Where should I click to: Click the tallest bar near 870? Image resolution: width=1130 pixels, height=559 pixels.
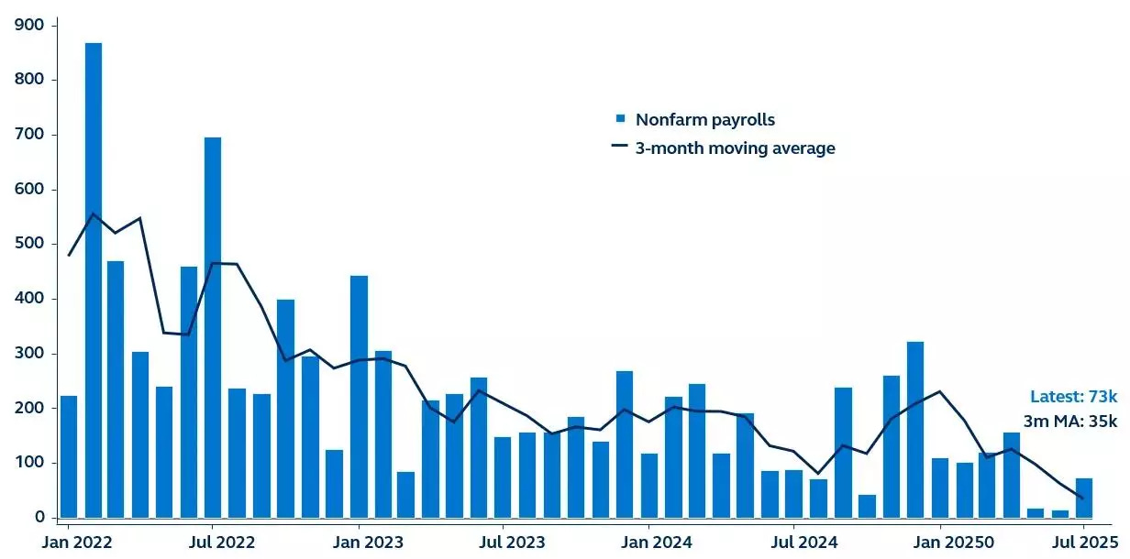pyautogui.click(x=94, y=280)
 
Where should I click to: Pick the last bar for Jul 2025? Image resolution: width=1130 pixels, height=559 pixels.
pyautogui.click(x=1084, y=499)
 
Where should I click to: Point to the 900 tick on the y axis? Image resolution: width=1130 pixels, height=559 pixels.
pyautogui.click(x=30, y=25)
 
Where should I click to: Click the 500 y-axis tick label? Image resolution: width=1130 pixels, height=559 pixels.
pyautogui.click(x=30, y=244)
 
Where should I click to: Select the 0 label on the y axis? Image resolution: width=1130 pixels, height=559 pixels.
pyautogui.click(x=39, y=518)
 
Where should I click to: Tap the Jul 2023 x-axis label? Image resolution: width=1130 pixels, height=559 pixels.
pyautogui.click(x=504, y=541)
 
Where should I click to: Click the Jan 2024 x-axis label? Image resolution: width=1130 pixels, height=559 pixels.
pyautogui.click(x=648, y=541)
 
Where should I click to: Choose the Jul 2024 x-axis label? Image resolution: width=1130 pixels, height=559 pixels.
pyautogui.click(x=793, y=541)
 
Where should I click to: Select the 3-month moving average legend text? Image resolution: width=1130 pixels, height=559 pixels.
pyautogui.click(x=735, y=148)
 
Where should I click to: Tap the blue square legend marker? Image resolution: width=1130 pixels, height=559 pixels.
pyautogui.click(x=620, y=119)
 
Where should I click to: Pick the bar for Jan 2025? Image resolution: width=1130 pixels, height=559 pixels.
pyautogui.click(x=940, y=488)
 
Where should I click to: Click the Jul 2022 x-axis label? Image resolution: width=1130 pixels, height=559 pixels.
pyautogui.click(x=213, y=541)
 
